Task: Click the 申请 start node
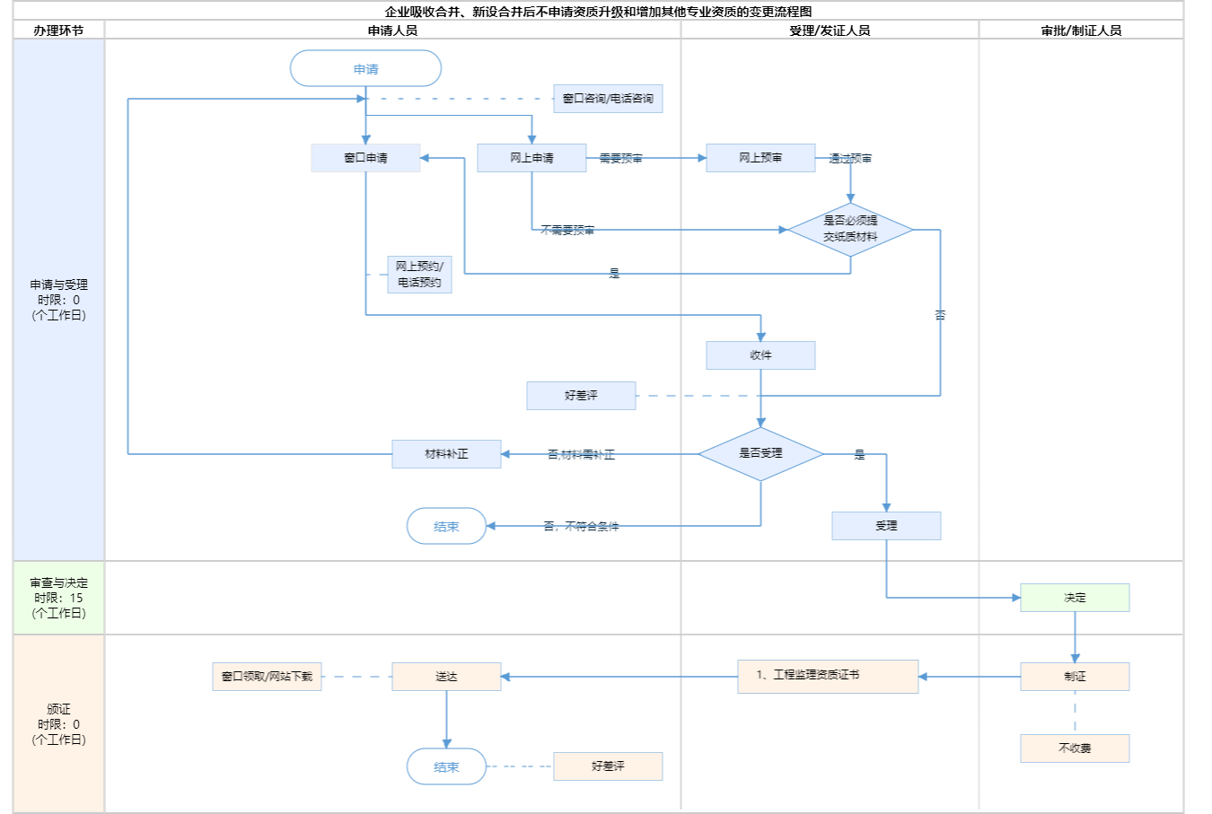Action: click(x=365, y=69)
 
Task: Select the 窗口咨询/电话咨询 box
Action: click(x=608, y=99)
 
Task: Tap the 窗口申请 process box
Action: click(x=365, y=158)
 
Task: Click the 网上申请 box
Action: click(x=531, y=158)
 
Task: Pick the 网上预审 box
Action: click(x=760, y=158)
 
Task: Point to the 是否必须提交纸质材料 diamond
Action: click(x=850, y=229)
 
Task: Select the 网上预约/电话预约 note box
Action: click(x=419, y=275)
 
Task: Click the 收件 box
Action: click(x=760, y=355)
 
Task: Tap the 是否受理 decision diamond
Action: click(x=760, y=453)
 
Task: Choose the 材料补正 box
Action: click(x=446, y=454)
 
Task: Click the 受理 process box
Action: click(x=886, y=526)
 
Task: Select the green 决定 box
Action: click(x=1075, y=598)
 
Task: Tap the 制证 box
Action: click(x=1075, y=677)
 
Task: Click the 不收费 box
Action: click(x=1075, y=748)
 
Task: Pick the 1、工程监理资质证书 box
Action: click(x=828, y=676)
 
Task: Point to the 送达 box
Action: click(x=446, y=677)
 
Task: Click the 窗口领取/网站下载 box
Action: click(x=268, y=677)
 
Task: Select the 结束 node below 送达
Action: click(x=446, y=767)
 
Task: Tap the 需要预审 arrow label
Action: click(x=620, y=159)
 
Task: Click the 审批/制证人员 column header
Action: click(x=1081, y=31)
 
